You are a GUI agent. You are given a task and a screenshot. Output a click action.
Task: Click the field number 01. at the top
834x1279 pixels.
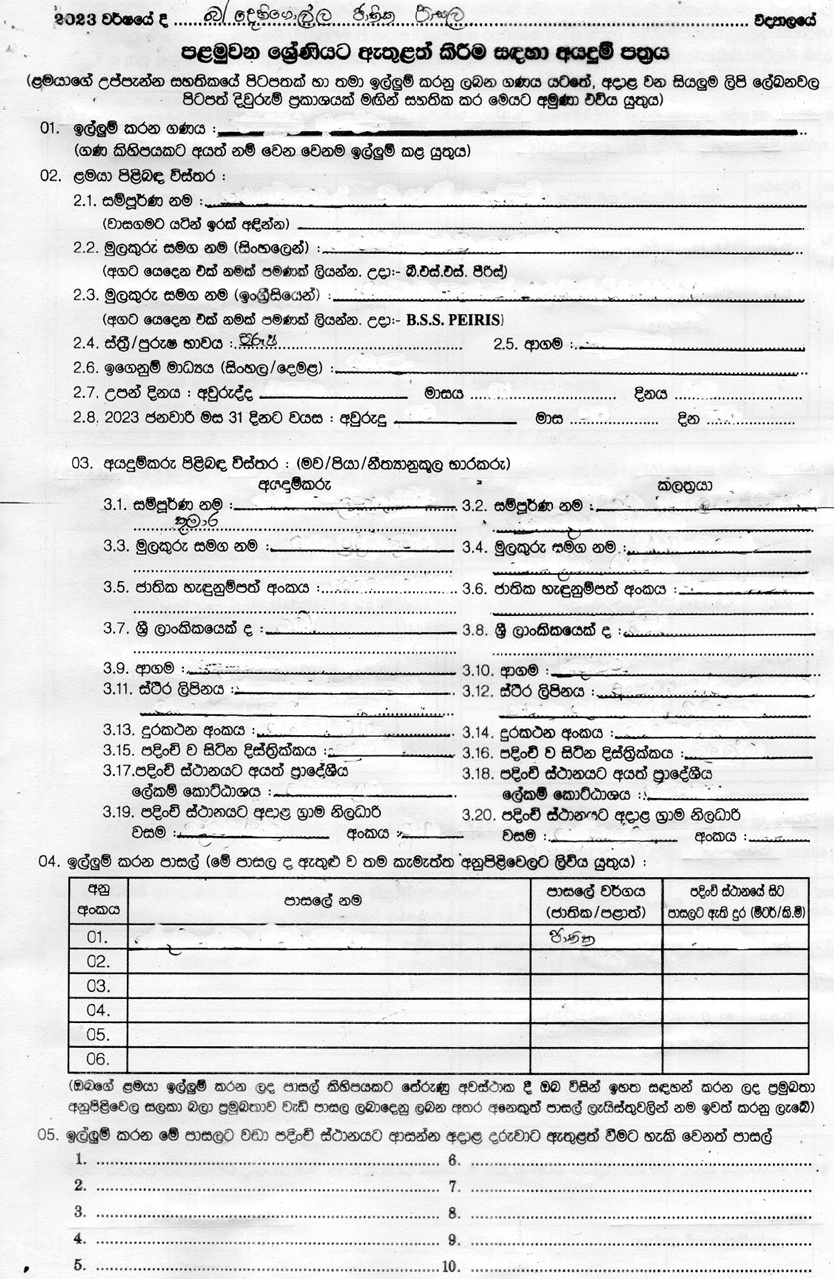click(49, 129)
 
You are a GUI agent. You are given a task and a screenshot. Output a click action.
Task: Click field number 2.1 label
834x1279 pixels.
click(86, 200)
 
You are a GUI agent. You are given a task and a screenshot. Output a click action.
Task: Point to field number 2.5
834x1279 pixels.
click(507, 344)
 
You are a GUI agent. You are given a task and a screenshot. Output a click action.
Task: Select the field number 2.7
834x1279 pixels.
click(86, 392)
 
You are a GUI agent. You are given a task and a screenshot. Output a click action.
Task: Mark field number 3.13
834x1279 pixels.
click(120, 730)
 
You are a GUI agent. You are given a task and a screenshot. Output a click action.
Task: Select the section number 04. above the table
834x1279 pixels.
click(49, 860)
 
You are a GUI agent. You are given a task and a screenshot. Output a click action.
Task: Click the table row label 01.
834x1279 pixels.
click(97, 937)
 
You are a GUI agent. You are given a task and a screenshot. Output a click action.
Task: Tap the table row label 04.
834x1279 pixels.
click(97, 1010)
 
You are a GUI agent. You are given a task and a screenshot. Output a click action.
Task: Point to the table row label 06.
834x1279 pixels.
click(97, 1058)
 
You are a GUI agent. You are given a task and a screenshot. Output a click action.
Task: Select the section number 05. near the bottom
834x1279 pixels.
click(49, 1136)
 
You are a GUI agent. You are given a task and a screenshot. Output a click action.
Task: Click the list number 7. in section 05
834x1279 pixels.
click(452, 1186)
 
